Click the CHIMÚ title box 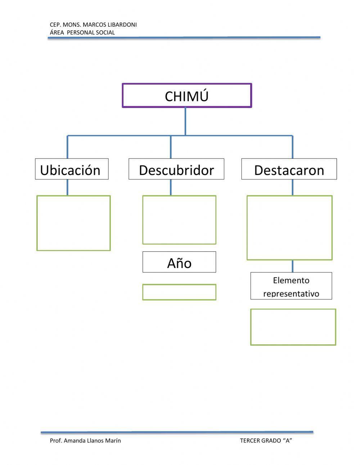pos(186,96)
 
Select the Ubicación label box pos(72,169)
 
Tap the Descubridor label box pos(176,169)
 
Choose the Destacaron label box pos(289,169)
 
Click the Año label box pos(179,262)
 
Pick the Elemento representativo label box pos(291,286)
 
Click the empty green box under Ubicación pos(73,223)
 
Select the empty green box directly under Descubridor pos(179,220)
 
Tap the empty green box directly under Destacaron pos(289,228)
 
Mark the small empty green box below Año pos(179,292)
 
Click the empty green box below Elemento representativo pos(293,327)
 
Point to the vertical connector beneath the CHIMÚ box pos(185,121)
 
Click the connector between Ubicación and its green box pos(67,187)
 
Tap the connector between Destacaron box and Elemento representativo pos(292,266)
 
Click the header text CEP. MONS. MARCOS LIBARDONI pos(93,25)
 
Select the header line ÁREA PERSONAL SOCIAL pos(82,32)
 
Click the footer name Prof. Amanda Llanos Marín pos(85,441)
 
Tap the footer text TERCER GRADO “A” pos(266,441)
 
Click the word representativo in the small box pos(291,294)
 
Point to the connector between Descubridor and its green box pos(171,187)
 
